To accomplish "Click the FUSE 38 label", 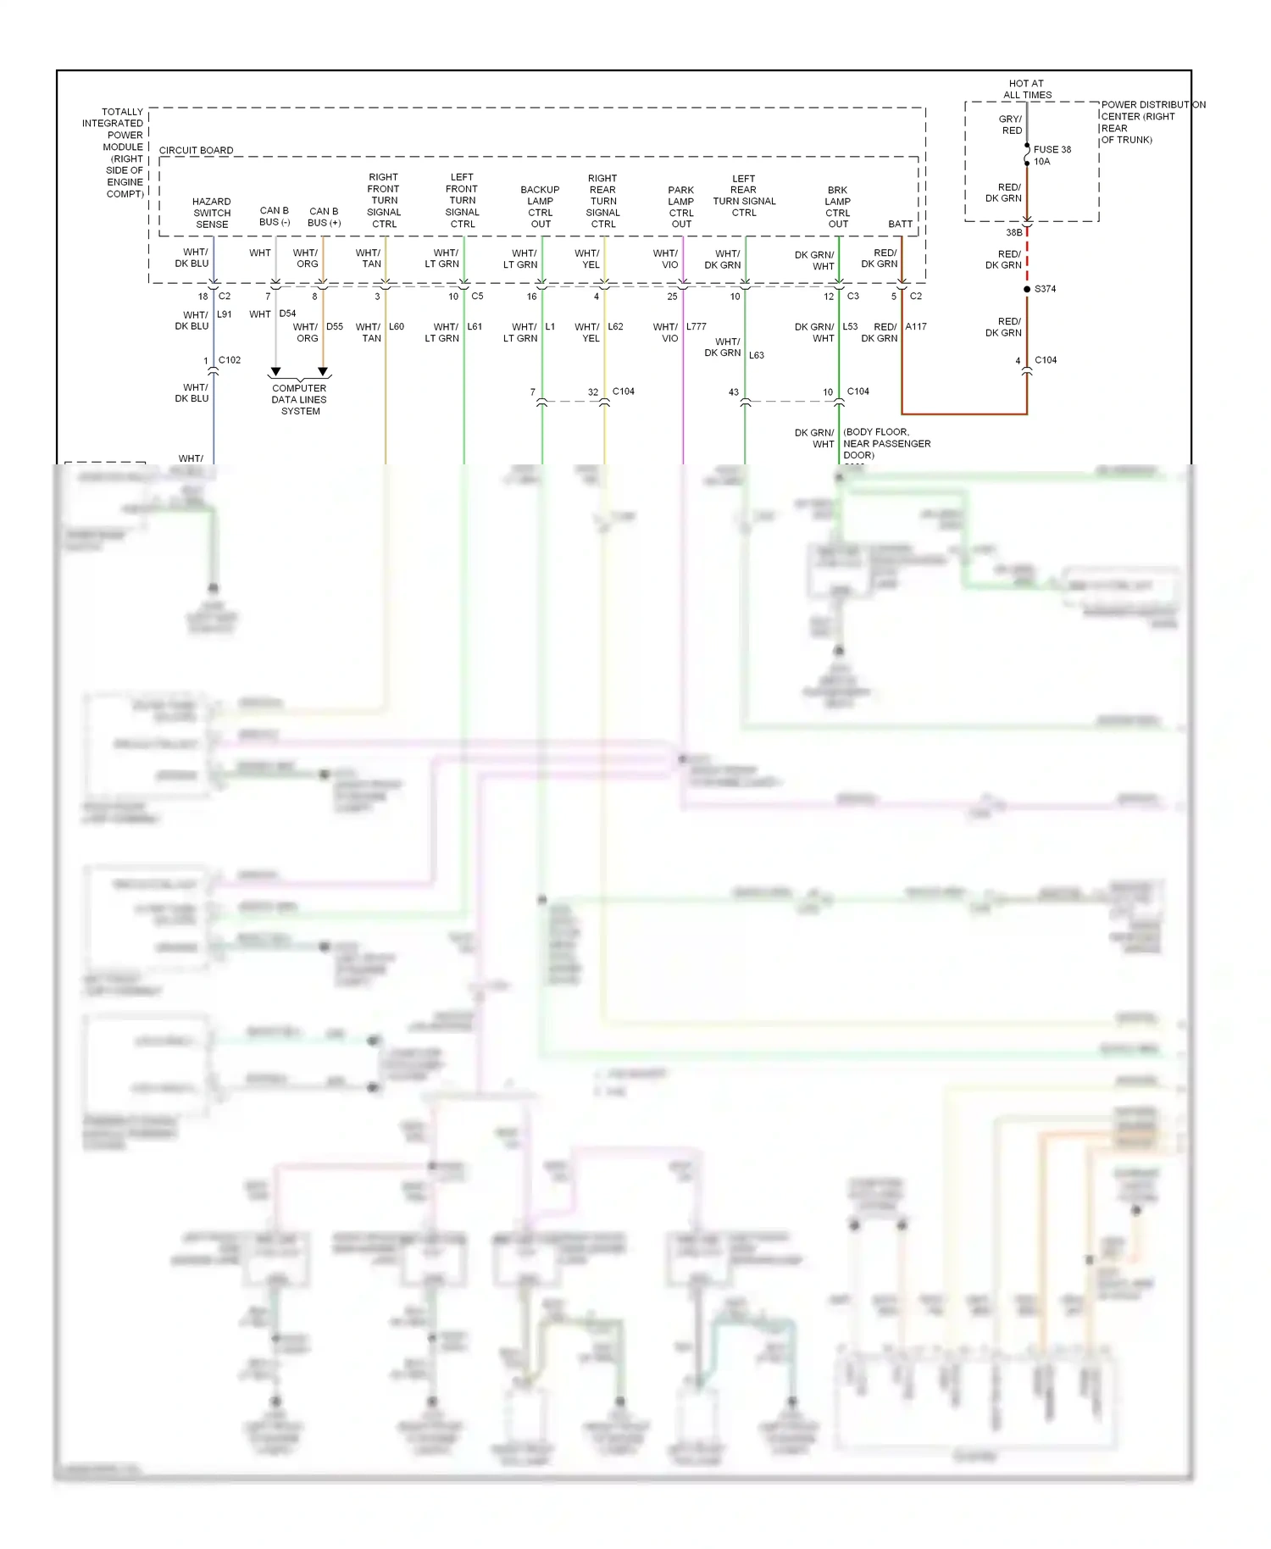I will (x=1052, y=149).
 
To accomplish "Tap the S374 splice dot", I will (x=1027, y=289).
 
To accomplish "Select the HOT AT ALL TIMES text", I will (x=1027, y=89).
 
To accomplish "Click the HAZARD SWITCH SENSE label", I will (x=212, y=213).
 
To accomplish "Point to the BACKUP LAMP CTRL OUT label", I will (x=541, y=207).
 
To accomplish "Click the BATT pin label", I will (x=900, y=224).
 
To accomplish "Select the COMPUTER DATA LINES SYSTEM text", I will (x=299, y=399).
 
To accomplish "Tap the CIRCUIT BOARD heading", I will (x=196, y=150).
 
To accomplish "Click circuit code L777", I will (x=697, y=326).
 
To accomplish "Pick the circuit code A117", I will (x=916, y=326).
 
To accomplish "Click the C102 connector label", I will (x=229, y=360).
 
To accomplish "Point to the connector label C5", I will (x=477, y=296).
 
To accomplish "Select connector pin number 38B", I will (x=1013, y=232).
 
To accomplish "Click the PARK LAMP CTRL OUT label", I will (x=681, y=207).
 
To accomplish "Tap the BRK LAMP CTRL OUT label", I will (x=837, y=207).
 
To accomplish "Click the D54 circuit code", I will (x=287, y=314).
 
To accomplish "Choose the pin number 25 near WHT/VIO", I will (x=672, y=297).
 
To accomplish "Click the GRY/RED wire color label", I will (x=1010, y=125).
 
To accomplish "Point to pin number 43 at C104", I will (x=734, y=392).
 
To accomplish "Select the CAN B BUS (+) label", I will (x=324, y=217).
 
